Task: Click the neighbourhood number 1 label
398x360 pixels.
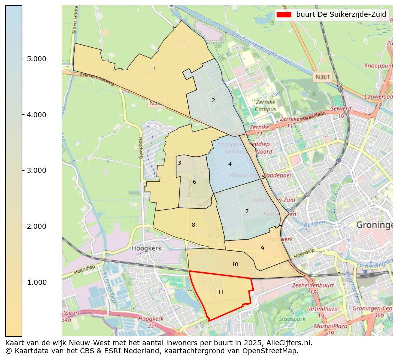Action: (x=154, y=69)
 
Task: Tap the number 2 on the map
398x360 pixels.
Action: (x=213, y=101)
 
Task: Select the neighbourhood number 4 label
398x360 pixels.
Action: (x=230, y=164)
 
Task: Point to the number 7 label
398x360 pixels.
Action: (x=247, y=212)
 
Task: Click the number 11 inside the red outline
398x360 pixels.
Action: (x=221, y=293)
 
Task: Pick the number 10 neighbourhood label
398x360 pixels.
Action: (x=235, y=265)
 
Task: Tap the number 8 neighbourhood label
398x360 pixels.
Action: (x=193, y=225)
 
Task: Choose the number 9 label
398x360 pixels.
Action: (x=262, y=248)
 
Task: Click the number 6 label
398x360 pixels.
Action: (x=194, y=182)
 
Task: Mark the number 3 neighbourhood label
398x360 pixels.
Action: (x=179, y=163)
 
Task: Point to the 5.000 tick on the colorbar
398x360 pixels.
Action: (x=36, y=59)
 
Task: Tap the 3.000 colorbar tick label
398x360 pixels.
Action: (x=36, y=171)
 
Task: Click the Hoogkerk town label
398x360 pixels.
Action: (x=145, y=248)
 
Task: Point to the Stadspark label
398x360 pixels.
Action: (x=292, y=318)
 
